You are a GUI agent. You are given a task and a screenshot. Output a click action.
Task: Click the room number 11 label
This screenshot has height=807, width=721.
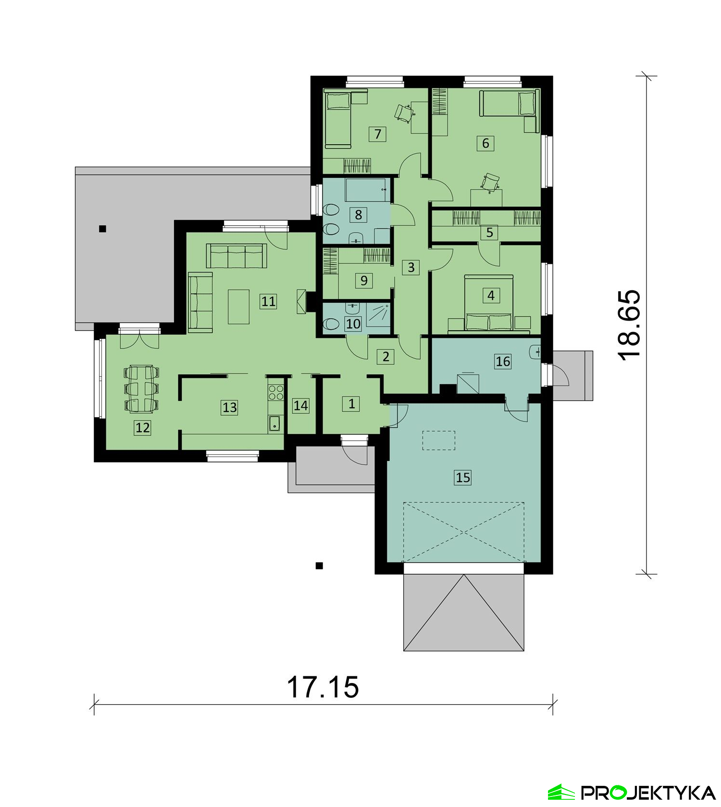coord(268,301)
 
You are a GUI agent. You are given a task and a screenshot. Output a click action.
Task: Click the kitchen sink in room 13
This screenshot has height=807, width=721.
coord(275,424)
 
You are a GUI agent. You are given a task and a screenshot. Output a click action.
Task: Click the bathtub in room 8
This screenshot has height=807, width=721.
coord(366,190)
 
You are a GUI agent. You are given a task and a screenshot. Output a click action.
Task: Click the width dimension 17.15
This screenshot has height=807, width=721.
coord(323,687)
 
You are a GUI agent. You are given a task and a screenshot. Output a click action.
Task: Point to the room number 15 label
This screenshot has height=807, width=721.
coord(463,477)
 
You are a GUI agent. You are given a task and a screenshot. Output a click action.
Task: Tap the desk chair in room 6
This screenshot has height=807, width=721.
coord(491,182)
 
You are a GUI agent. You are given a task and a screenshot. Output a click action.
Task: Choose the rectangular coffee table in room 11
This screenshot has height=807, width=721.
coord(238,307)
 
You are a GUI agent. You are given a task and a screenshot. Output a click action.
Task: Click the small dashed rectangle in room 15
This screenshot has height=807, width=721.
coord(438,440)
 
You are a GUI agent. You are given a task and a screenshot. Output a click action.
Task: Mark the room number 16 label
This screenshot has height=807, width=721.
coord(503,361)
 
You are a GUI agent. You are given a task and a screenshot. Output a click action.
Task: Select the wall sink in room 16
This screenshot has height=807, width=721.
coord(535,352)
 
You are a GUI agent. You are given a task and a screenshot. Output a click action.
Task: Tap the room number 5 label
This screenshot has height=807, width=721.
coord(490,233)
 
